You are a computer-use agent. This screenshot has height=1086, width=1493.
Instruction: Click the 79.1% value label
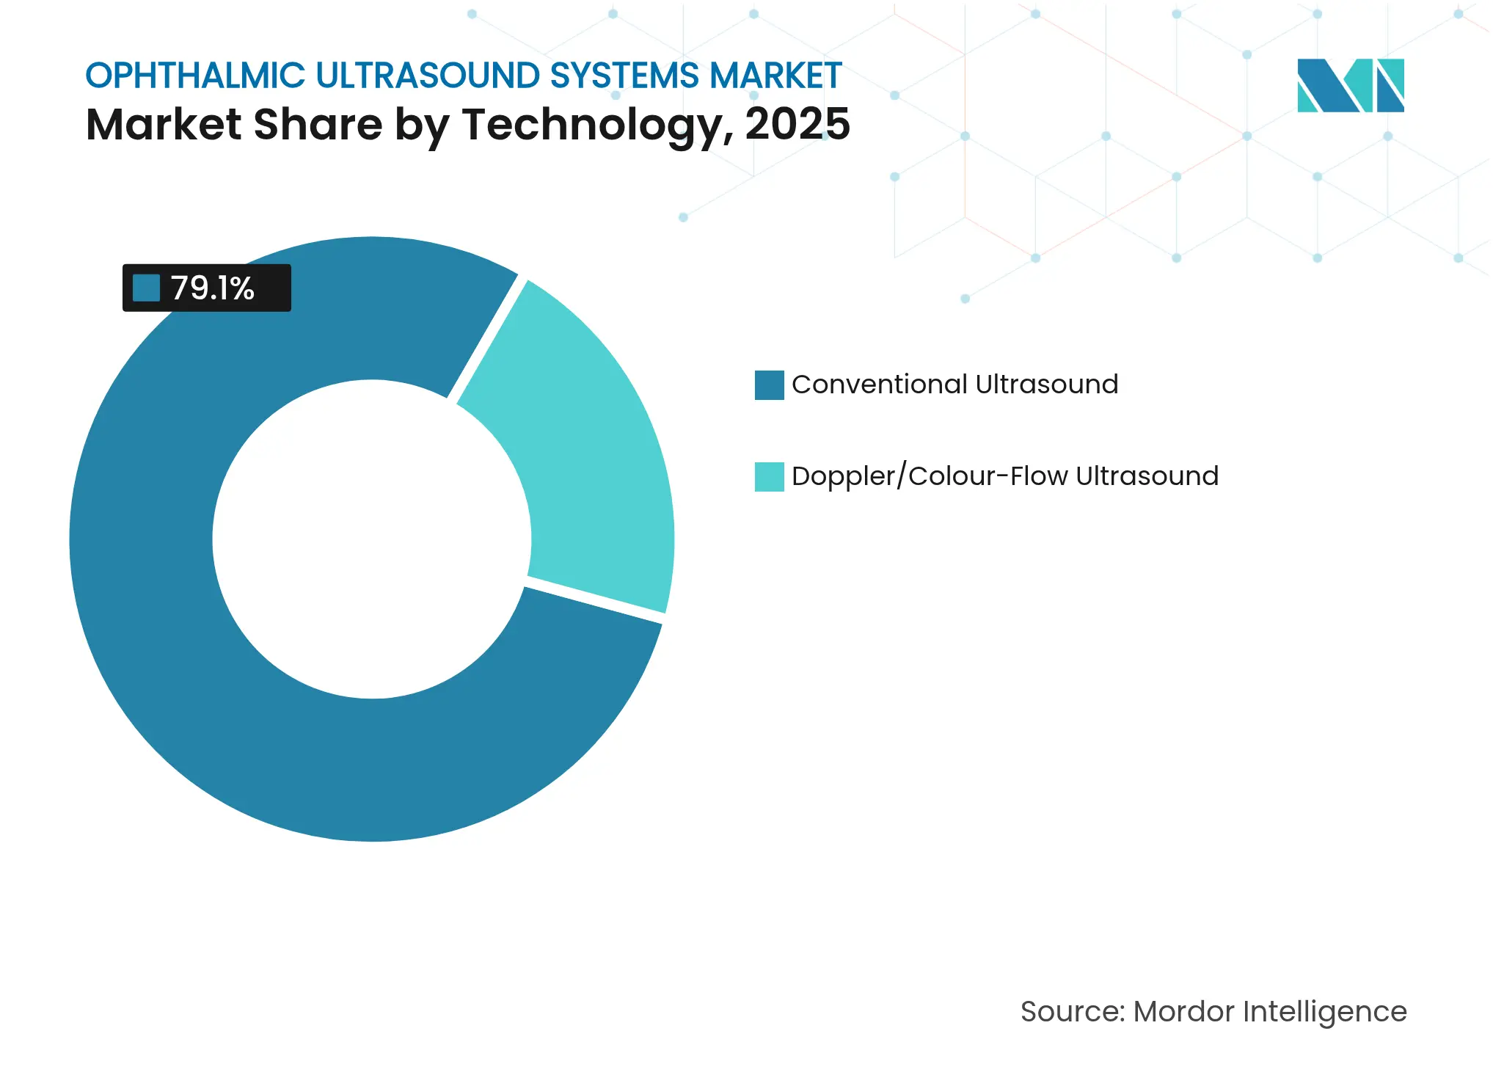click(x=213, y=288)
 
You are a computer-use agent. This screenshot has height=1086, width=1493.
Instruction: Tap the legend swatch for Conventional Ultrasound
click(x=769, y=385)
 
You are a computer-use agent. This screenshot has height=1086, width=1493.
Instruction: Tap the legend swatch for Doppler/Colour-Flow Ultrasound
click(x=769, y=477)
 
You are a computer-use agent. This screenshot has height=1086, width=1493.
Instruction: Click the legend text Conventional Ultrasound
click(x=954, y=385)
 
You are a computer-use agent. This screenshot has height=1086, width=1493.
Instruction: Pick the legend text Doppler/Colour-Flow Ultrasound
click(x=1004, y=476)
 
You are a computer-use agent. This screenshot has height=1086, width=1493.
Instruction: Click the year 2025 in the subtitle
click(x=797, y=124)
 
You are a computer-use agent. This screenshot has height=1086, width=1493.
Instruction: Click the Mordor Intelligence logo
click(x=1350, y=85)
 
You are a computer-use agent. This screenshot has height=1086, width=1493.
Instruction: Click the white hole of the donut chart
click(x=372, y=539)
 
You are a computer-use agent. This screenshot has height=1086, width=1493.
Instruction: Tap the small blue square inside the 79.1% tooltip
click(x=146, y=288)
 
